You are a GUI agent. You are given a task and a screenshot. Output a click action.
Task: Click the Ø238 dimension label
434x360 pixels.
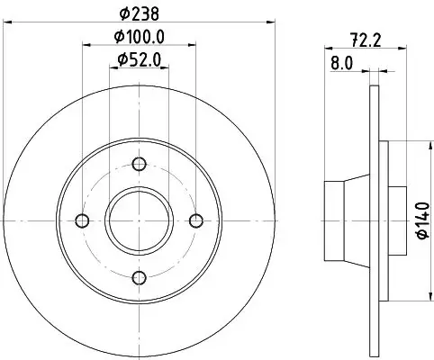139,14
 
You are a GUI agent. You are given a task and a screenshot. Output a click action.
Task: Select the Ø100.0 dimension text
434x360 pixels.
140,37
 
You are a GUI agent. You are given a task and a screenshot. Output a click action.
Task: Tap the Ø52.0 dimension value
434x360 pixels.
140,59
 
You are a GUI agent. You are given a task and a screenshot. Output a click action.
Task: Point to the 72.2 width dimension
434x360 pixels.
366,40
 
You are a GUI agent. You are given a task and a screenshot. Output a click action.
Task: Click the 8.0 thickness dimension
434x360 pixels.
342,64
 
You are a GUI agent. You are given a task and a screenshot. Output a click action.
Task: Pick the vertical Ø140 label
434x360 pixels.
422,220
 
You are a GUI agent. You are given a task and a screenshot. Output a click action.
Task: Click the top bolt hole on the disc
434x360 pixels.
139,164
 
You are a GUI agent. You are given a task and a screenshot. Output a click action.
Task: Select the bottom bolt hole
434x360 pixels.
139,277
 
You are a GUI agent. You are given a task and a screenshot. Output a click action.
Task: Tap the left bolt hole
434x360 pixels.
82,220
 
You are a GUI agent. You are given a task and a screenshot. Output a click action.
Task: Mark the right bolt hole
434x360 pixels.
196,220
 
